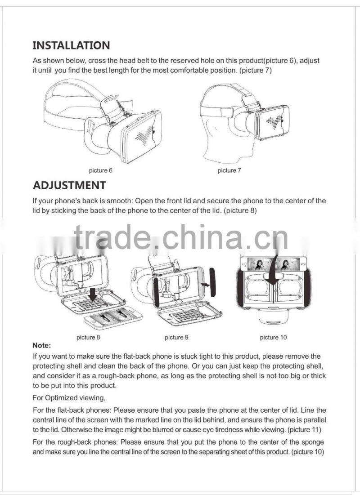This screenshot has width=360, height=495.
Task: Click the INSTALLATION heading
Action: (71, 45)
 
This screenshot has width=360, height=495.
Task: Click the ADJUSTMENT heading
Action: (69, 185)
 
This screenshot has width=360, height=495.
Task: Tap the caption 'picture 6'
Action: (100, 170)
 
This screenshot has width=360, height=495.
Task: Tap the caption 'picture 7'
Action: (229, 170)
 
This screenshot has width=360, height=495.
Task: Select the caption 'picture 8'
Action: (88, 337)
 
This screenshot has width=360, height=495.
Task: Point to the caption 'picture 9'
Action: (176, 337)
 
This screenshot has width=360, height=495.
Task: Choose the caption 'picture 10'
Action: (273, 337)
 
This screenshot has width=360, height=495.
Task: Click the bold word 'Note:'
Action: (42, 345)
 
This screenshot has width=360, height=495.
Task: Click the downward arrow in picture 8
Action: (93, 294)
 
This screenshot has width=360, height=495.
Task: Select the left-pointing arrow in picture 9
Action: (205, 285)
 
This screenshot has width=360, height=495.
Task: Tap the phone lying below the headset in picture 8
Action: (113, 317)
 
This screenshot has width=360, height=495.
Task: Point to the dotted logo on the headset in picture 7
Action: (274, 121)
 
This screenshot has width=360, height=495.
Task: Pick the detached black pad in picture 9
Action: (213, 282)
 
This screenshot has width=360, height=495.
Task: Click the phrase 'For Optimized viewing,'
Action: (69, 398)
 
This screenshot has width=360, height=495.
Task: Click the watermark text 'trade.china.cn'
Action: (181, 237)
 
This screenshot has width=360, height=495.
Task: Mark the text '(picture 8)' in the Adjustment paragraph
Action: (240, 210)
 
